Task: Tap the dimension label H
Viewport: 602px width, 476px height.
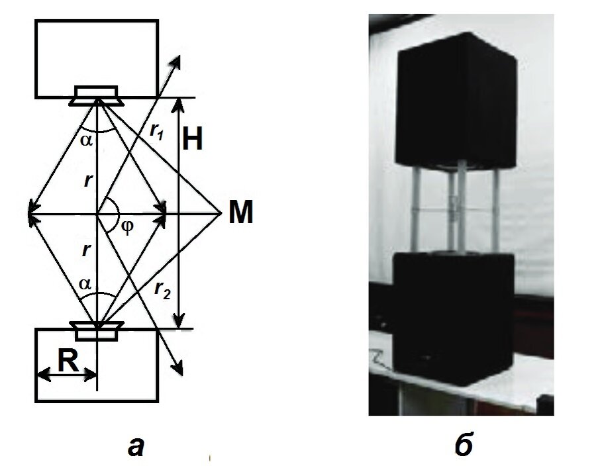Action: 193,141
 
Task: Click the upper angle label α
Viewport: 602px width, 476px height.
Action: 86,141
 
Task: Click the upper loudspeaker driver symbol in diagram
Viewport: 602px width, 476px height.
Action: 97,96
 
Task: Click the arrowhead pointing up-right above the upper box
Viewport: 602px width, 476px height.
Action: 177,61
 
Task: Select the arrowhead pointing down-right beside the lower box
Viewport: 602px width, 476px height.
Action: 177,367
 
